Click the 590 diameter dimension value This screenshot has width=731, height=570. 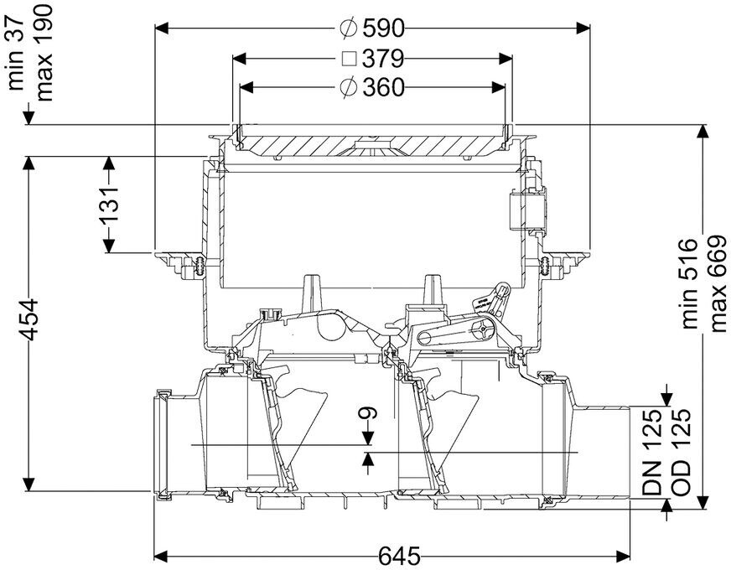click(x=383, y=28)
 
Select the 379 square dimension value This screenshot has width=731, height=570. click(x=383, y=59)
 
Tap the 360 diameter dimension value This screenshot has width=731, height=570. click(x=383, y=87)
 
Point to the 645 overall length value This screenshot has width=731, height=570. click(x=399, y=556)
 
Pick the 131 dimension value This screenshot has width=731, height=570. click(x=109, y=205)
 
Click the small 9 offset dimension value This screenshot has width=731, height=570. click(x=369, y=413)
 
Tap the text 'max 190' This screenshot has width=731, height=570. click(x=44, y=53)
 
